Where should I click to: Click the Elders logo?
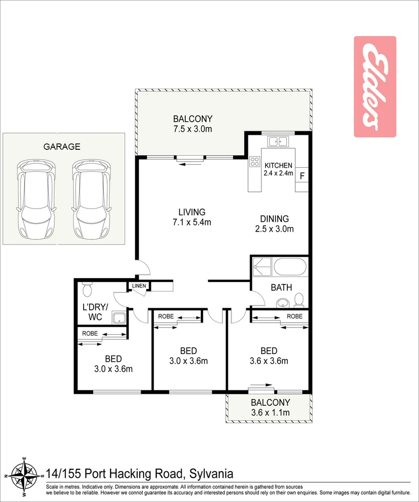[375, 87]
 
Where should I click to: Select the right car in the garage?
[91, 199]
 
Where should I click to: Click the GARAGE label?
[62, 147]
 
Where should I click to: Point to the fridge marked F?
[302, 175]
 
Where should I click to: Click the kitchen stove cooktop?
[255, 162]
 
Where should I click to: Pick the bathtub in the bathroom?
[290, 267]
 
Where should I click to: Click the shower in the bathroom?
[261, 267]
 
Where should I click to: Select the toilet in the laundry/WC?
[87, 290]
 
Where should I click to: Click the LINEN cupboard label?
[139, 286]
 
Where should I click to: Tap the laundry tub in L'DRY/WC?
[119, 318]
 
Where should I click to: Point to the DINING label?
[274, 219]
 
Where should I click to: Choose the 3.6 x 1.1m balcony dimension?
[270, 413]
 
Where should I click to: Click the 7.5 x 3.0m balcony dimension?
[193, 129]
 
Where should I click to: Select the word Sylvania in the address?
[204, 473]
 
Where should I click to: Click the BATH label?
[281, 288]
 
